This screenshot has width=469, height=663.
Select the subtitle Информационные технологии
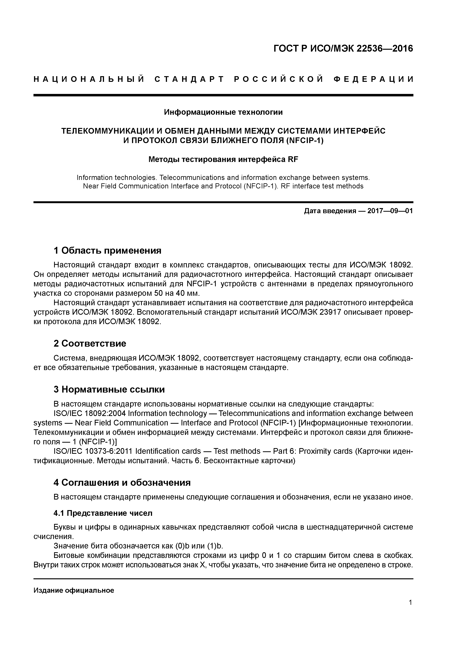[x=223, y=112]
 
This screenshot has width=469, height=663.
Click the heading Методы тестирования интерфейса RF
[x=223, y=159]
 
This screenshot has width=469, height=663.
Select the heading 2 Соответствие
[x=90, y=343]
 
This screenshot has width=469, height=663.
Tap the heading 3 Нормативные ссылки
[x=109, y=390]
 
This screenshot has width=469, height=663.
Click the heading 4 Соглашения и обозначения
[x=122, y=483]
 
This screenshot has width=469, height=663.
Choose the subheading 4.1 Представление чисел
[x=103, y=513]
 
